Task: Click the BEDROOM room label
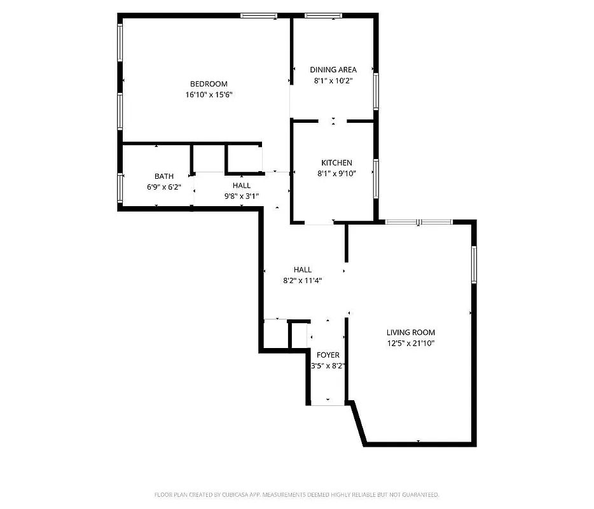click(209, 84)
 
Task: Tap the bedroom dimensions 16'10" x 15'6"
click(209, 95)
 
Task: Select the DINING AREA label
click(333, 70)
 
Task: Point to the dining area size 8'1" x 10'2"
click(333, 81)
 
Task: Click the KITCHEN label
click(336, 163)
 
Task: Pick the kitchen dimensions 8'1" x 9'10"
click(336, 174)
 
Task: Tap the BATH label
click(163, 176)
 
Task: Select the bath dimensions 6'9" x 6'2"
click(163, 187)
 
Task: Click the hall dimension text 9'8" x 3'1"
click(241, 197)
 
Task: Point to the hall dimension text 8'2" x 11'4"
click(303, 280)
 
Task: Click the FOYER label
click(328, 355)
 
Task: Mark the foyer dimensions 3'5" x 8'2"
click(328, 366)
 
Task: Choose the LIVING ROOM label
click(411, 332)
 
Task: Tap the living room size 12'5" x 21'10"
click(411, 344)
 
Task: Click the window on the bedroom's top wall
click(259, 15)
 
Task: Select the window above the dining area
click(323, 15)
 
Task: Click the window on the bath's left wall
click(120, 188)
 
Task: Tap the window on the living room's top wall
click(418, 221)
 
